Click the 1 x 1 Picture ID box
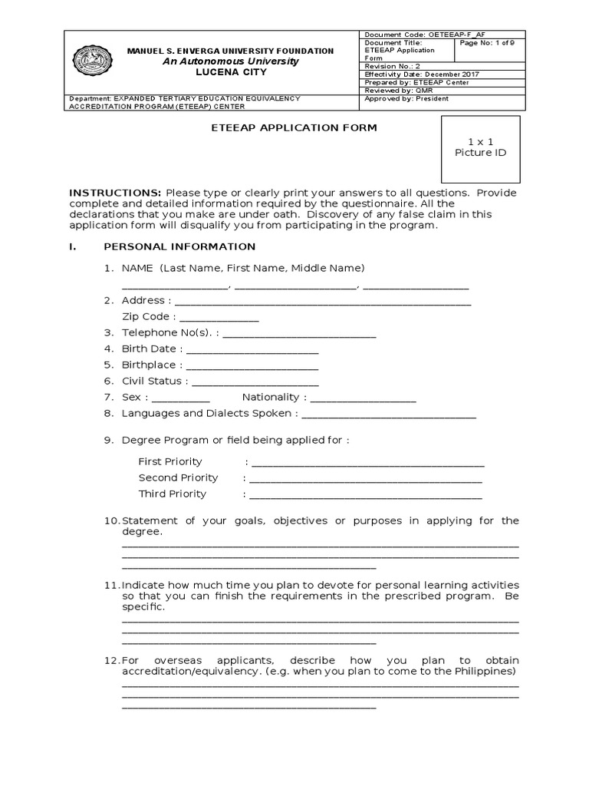[481, 147]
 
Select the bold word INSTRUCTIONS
[115, 192]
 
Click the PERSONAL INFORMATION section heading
[179, 246]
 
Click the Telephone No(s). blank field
[299, 334]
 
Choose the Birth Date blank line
[253, 350]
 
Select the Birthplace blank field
[252, 366]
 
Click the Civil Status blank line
[255, 382]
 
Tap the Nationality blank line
[364, 398]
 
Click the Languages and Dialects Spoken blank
[389, 414]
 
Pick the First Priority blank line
[367, 463]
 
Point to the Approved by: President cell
[406, 98]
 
